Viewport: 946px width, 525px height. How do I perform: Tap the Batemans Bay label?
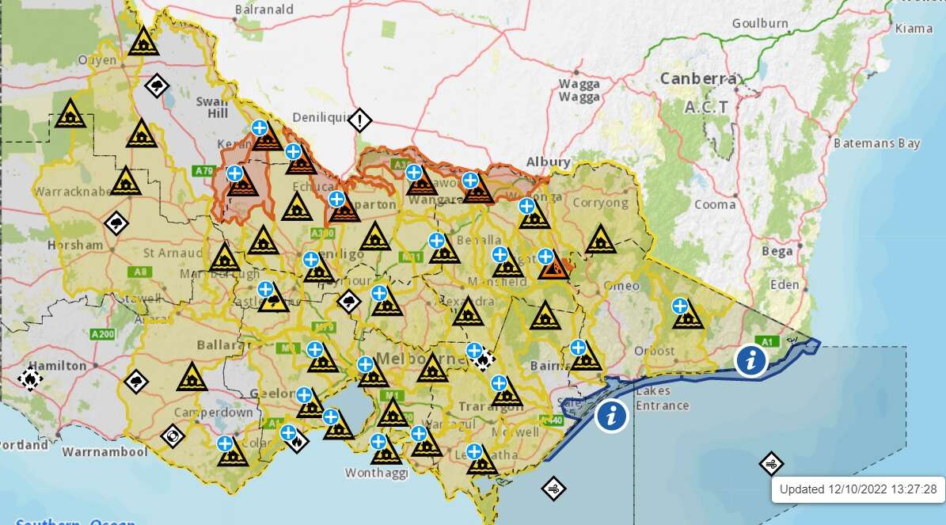pyautogui.click(x=876, y=143)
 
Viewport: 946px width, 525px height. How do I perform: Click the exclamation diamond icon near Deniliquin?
pyautogui.click(x=359, y=121)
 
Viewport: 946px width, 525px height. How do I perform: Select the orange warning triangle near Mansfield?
pyautogui.click(x=553, y=268)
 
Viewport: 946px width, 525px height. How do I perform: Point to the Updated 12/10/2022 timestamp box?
pyautogui.click(x=857, y=489)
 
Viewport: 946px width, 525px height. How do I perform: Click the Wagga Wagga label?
pyautogui.click(x=579, y=90)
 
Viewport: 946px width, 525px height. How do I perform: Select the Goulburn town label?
pyautogui.click(x=760, y=23)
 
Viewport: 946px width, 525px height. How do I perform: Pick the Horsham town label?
pyautogui.click(x=74, y=245)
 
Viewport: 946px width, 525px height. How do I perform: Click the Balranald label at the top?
pyautogui.click(x=264, y=10)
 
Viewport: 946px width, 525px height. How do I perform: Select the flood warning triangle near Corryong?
pyautogui.click(x=600, y=238)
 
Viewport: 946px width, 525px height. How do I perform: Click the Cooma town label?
pyautogui.click(x=715, y=204)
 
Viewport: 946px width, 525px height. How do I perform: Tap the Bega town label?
pyautogui.click(x=777, y=252)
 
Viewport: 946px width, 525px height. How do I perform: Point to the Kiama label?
pyautogui.click(x=914, y=29)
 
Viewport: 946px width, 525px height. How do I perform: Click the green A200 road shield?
pyautogui.click(x=104, y=334)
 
